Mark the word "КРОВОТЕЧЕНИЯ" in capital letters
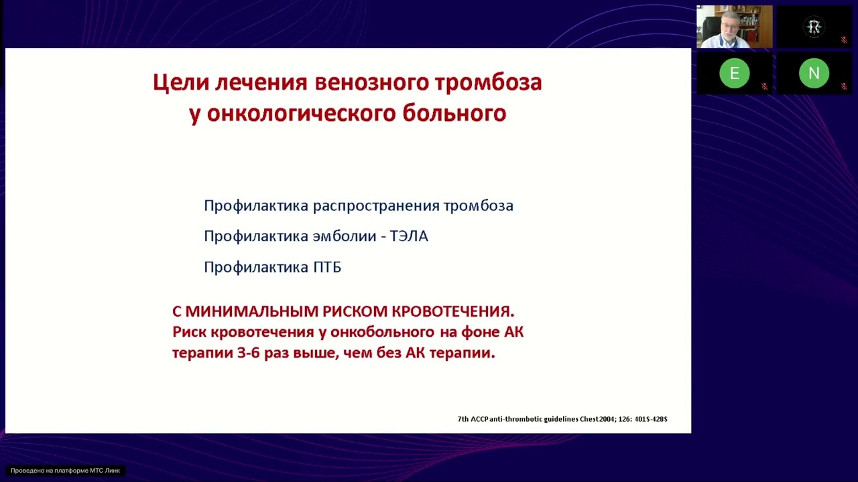coord(452,311)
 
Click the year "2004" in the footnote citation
coord(605,419)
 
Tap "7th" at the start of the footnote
coord(463,419)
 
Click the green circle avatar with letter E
coord(734,74)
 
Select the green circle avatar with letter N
coord(814,74)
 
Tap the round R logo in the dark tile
coord(814,27)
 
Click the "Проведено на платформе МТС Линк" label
coord(65,471)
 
